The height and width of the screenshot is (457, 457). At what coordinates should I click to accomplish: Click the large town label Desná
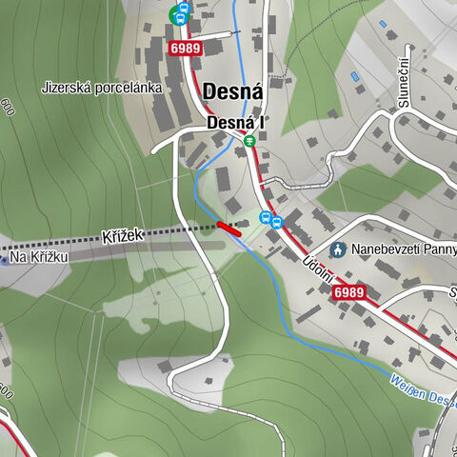pos(232,92)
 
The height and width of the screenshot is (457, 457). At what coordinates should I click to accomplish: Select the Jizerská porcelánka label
pos(102,88)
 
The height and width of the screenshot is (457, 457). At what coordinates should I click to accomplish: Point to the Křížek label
pos(120,234)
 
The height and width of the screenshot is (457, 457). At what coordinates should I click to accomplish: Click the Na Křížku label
pos(39,257)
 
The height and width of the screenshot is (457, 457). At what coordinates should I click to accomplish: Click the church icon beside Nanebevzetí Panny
pos(337,249)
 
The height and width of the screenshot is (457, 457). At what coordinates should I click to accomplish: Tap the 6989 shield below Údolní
pos(349,292)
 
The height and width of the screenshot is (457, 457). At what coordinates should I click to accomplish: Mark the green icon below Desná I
pos(250,141)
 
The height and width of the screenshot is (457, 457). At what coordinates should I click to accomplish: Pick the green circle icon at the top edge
pos(175,14)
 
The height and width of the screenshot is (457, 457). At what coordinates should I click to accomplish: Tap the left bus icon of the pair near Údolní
pos(266,218)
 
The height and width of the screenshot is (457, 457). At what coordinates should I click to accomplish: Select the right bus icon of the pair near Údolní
pos(276,223)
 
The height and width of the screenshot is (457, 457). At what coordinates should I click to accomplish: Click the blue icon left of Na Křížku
pos(3,258)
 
